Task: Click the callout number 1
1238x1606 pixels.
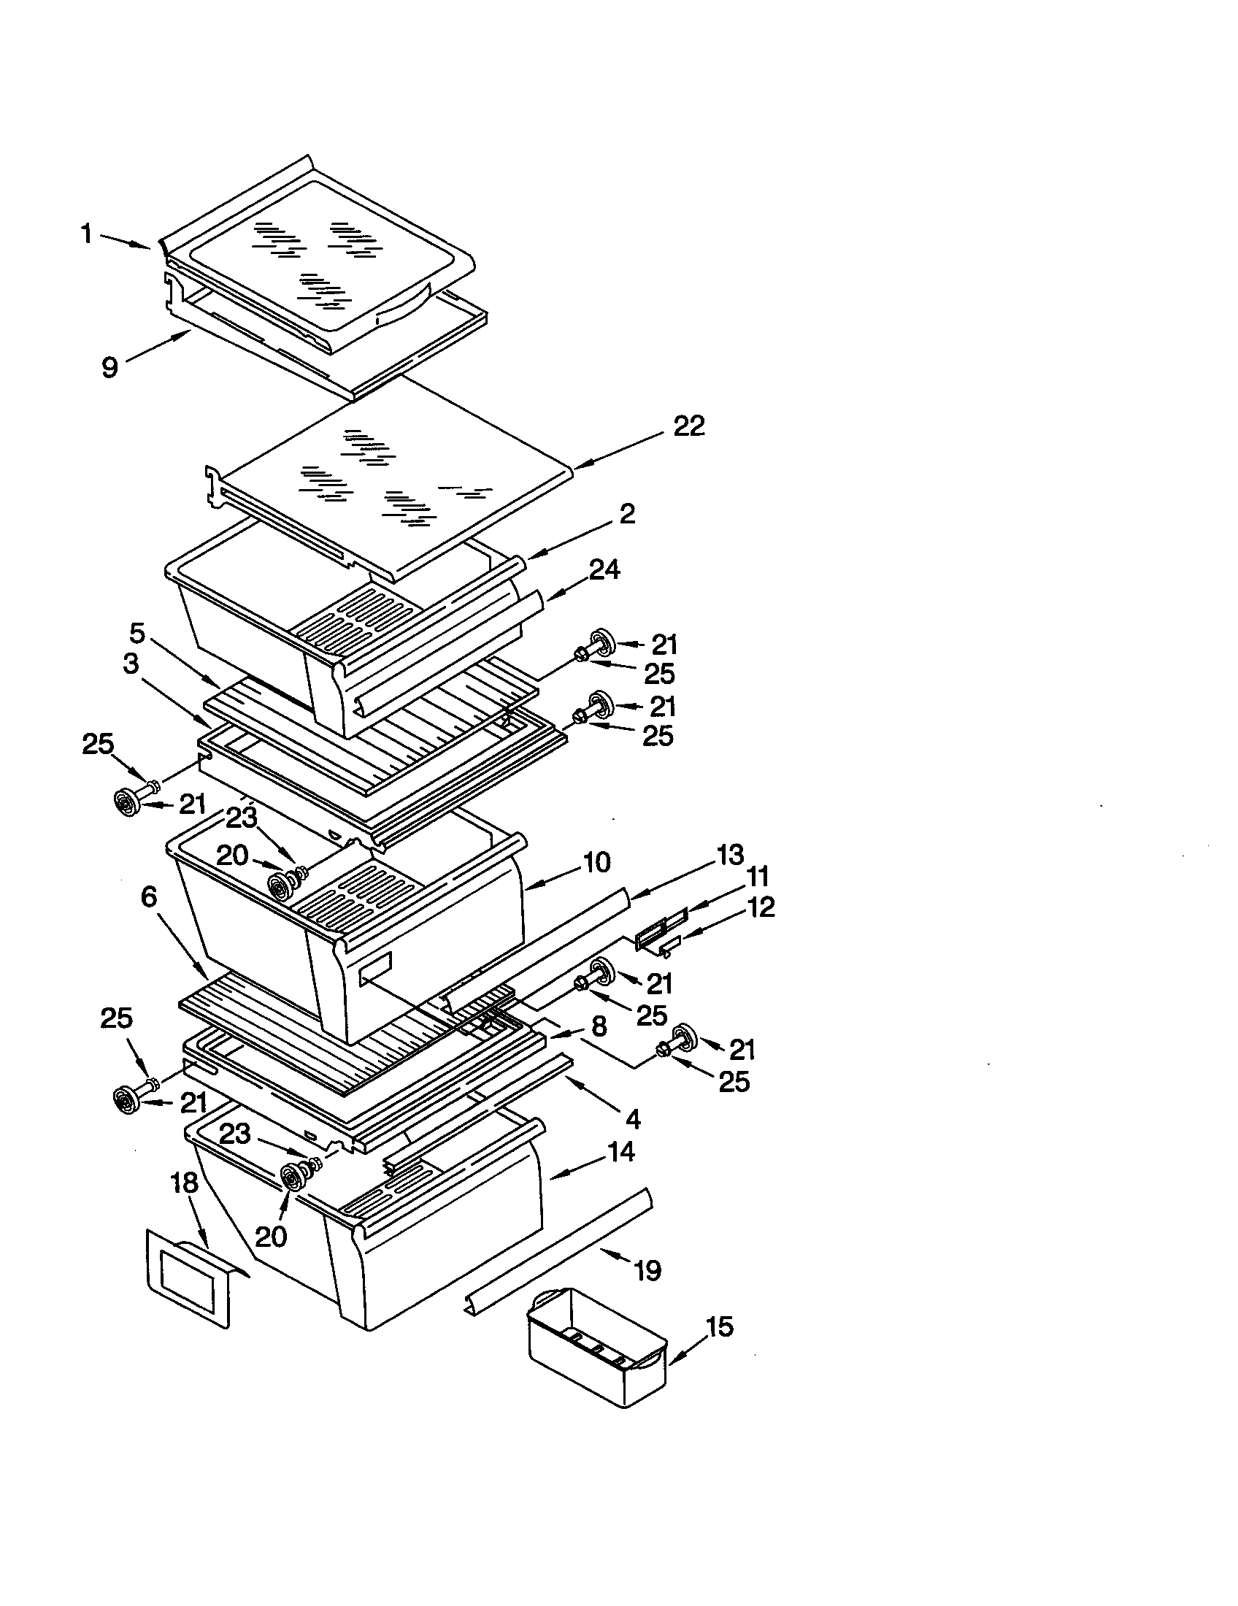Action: tap(86, 234)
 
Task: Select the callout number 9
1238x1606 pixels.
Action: tap(109, 366)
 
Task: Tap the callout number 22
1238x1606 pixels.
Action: tap(689, 426)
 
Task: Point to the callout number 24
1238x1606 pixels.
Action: tap(604, 569)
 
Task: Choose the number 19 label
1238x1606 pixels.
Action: tap(647, 1270)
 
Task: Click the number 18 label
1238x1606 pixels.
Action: tap(184, 1183)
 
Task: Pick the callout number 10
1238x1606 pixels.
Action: tap(597, 862)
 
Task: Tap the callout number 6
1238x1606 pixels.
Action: tap(148, 896)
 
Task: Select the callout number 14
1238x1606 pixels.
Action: tap(620, 1151)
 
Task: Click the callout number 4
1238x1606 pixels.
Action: tap(632, 1118)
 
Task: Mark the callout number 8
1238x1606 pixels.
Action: tap(599, 1026)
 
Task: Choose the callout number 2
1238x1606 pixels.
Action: tap(626, 513)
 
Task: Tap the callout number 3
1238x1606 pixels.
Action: tap(131, 664)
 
